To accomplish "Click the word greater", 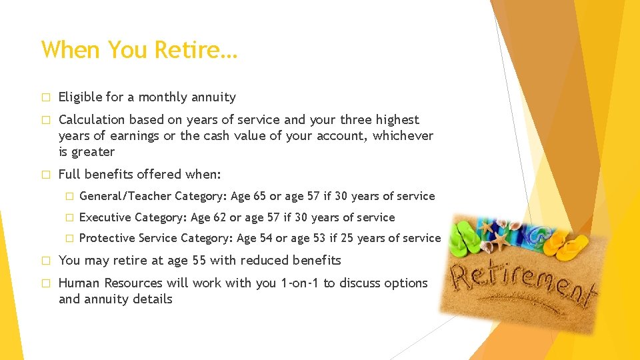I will tap(93, 152).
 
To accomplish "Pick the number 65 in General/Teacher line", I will tap(259, 196).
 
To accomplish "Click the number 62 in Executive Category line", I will tap(219, 217).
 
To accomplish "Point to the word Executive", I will tap(105, 217).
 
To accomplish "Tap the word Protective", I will tap(107, 239).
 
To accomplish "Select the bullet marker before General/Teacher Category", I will tap(67, 196).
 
